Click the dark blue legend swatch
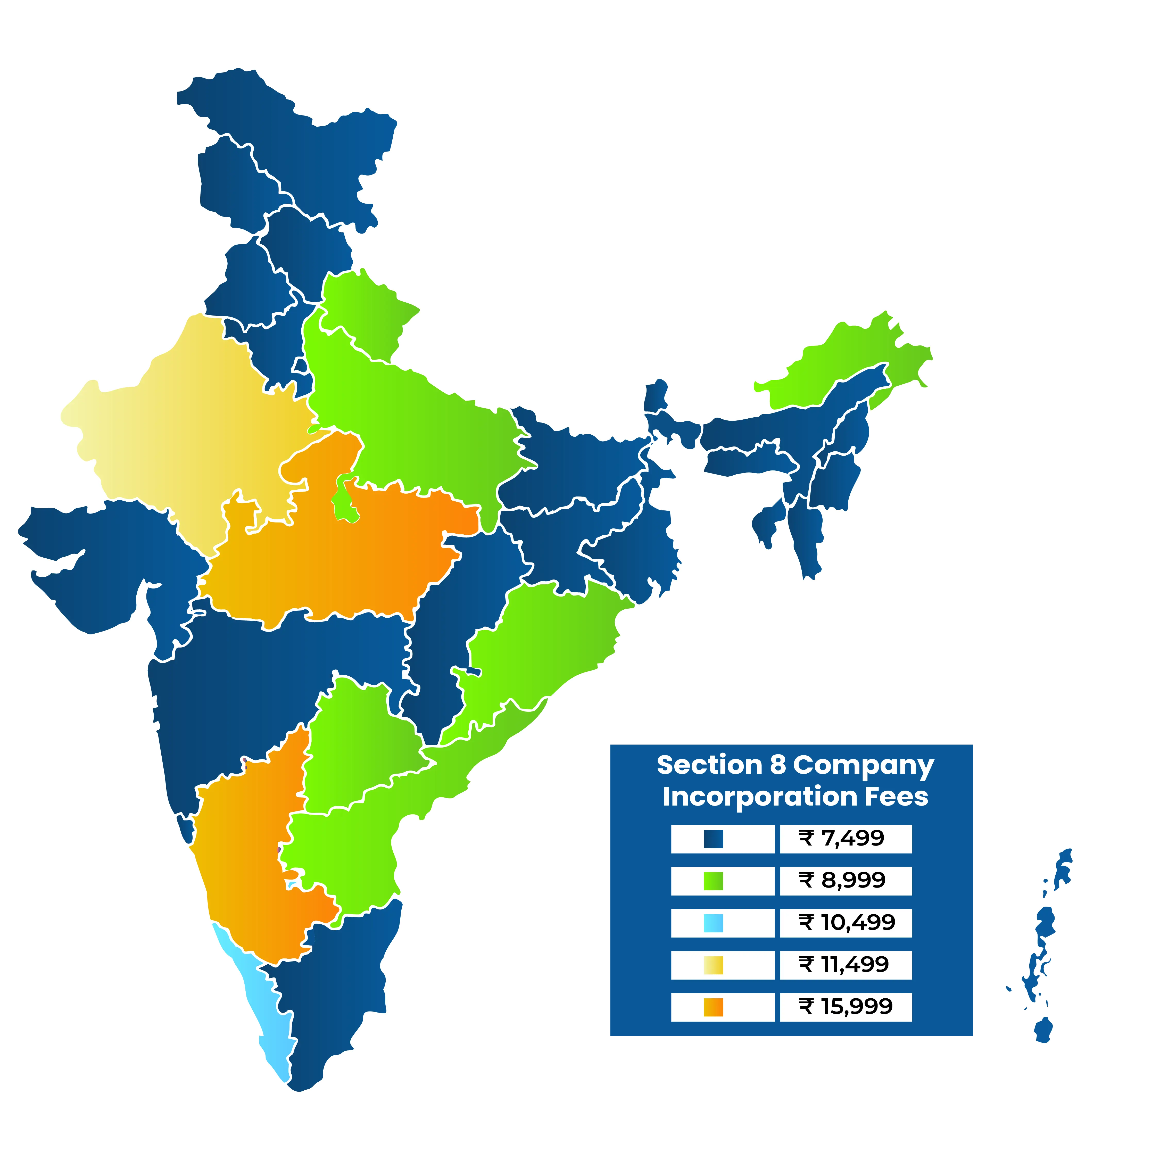[713, 839]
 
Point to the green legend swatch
[713, 881]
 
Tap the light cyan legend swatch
[713, 923]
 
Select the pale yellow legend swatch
[713, 965]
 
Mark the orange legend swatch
[713, 1007]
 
